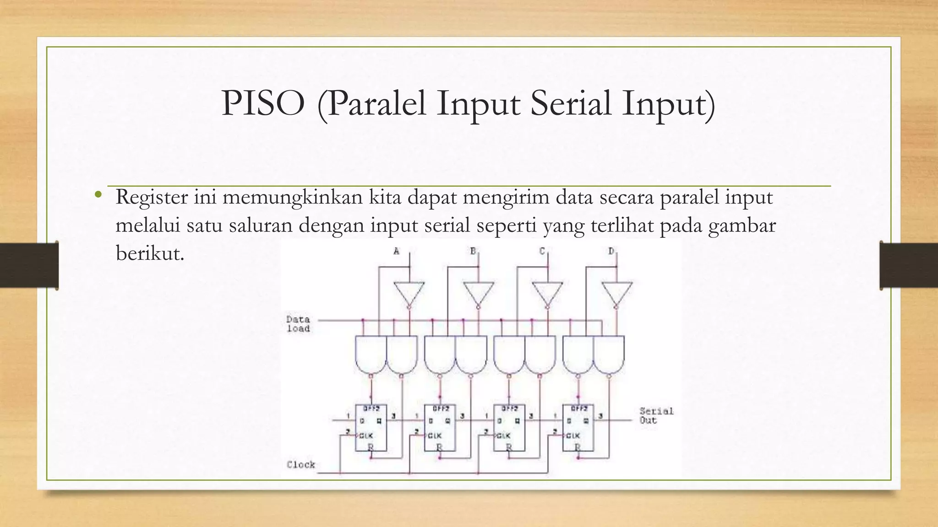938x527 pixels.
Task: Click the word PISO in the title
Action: click(x=263, y=103)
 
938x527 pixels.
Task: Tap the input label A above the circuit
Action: click(x=397, y=251)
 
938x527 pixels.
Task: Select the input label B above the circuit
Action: click(x=473, y=251)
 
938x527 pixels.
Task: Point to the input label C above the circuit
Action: click(x=542, y=251)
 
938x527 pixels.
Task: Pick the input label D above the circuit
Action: click(x=611, y=251)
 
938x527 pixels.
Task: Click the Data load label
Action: click(x=298, y=324)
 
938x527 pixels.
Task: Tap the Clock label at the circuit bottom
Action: click(x=301, y=465)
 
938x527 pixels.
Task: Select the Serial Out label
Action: click(x=656, y=415)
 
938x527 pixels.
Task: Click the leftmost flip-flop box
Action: click(x=371, y=428)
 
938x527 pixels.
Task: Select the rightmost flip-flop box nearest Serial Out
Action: click(x=578, y=428)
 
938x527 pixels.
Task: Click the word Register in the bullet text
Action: click(x=152, y=198)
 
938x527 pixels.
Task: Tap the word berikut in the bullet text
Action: click(x=149, y=253)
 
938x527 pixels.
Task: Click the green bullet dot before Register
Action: click(x=98, y=195)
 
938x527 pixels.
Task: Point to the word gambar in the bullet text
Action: click(x=742, y=226)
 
